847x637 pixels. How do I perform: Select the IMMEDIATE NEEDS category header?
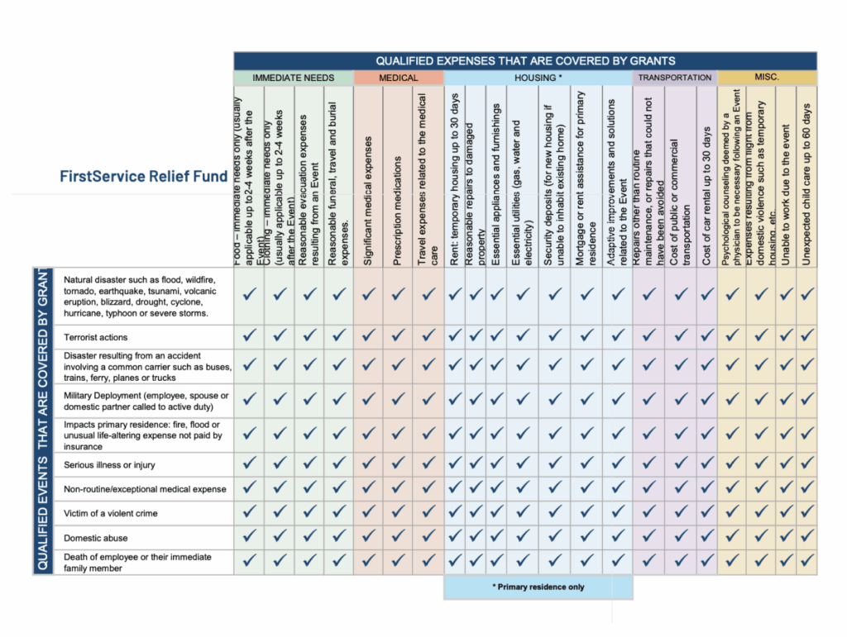(293, 78)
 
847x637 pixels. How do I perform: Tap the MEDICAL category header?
(398, 78)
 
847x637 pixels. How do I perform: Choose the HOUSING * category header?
(538, 78)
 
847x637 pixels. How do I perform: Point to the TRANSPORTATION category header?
(675, 78)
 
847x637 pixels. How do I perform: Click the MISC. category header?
(767, 78)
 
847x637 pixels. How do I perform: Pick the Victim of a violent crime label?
(110, 513)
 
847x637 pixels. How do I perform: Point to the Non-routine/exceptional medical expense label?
(145, 489)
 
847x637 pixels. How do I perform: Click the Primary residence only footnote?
(538, 587)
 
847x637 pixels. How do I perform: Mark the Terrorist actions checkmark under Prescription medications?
(398, 335)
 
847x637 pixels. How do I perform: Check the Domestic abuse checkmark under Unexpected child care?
(806, 537)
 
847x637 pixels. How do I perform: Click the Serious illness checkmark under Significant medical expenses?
(368, 464)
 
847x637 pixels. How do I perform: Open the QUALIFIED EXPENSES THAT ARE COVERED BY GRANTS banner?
(525, 60)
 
